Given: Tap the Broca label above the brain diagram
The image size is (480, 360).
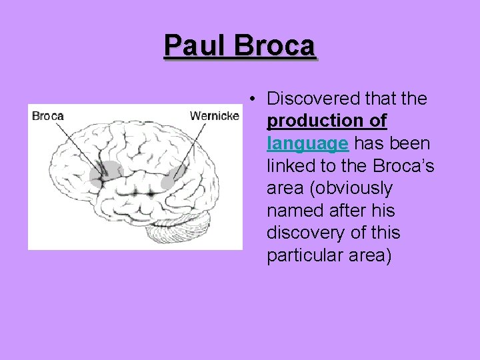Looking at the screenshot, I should pos(47,116).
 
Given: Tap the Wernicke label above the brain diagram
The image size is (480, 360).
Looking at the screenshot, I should pos(214,116).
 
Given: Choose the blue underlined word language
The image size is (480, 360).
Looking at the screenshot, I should pos(307,143).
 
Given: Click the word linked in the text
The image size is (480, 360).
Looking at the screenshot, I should pos(287,165).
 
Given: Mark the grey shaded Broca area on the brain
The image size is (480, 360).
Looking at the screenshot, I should pos(105,172).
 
